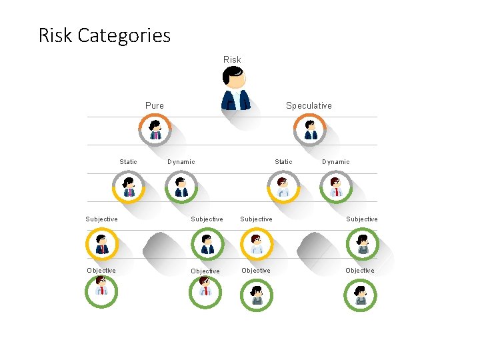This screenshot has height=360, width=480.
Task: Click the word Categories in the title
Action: tap(124, 35)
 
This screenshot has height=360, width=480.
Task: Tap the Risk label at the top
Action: tap(232, 59)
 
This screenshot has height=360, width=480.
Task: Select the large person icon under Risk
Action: tap(235, 89)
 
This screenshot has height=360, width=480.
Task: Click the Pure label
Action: tap(155, 105)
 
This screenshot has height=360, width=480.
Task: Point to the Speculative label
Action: tap(309, 105)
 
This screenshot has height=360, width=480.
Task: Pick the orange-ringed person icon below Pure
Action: tap(155, 129)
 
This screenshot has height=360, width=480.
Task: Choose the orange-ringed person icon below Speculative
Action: tap(311, 129)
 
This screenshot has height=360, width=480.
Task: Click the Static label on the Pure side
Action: tap(128, 161)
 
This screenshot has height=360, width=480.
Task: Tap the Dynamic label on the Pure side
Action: tap(181, 161)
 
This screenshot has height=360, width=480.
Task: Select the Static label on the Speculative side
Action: tap(283, 161)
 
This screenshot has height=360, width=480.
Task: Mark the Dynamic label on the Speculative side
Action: tap(335, 161)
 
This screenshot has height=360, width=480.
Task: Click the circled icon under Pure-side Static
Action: tap(129, 187)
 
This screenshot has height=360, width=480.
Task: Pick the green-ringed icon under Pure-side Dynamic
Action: tap(181, 187)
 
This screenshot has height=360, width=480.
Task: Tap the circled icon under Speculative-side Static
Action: tap(283, 187)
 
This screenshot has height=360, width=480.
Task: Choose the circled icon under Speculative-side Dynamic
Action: tap(335, 187)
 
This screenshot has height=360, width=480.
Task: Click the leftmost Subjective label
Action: tap(101, 219)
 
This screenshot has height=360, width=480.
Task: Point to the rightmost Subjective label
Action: tap(361, 219)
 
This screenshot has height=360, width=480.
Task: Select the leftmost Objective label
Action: tap(101, 270)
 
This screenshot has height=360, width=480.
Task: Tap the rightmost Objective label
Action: tap(360, 270)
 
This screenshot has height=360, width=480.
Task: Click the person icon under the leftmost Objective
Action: tap(101, 291)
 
